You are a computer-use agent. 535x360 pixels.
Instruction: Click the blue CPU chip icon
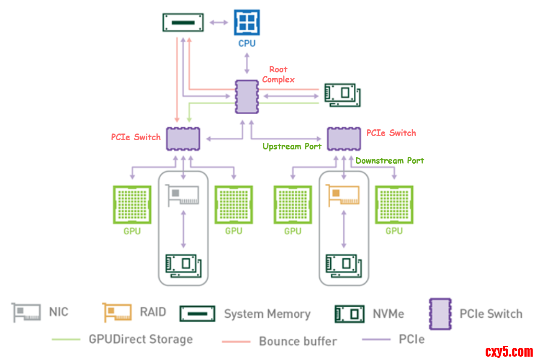coord(247,23)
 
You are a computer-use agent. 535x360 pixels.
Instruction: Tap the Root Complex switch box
coord(247,97)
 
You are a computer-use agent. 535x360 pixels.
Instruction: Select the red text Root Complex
coord(278,75)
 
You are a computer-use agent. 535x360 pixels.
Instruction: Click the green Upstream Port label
coord(292,147)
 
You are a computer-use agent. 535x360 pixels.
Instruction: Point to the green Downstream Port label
coord(389,161)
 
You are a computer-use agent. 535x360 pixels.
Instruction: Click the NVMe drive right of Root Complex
coord(342,95)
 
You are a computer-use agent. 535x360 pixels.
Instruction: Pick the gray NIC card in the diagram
coord(182,195)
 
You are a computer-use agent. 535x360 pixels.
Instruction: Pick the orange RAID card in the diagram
coord(344,195)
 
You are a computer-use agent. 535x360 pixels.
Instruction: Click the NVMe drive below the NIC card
coord(183,265)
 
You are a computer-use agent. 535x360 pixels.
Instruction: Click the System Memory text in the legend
coord(267,314)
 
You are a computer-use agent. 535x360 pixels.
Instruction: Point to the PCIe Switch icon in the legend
coord(440,314)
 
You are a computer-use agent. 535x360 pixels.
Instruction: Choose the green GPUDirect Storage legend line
coord(66,339)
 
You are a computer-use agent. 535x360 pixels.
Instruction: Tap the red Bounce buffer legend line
coord(236,341)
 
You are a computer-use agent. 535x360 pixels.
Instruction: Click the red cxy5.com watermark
coord(509,352)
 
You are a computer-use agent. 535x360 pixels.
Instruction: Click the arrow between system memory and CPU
coord(219,22)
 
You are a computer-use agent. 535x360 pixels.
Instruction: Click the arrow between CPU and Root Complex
coord(247,63)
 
